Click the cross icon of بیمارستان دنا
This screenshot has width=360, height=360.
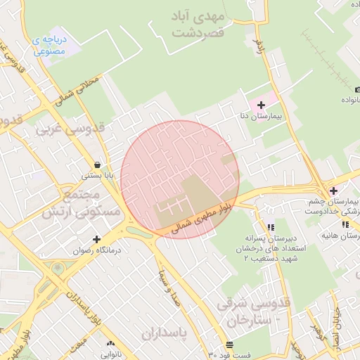262,104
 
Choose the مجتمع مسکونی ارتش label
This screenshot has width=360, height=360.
92,203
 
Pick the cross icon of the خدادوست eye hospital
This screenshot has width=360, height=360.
333,191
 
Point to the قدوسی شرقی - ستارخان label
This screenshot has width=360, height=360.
254,313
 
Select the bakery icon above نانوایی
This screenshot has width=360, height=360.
110,344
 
